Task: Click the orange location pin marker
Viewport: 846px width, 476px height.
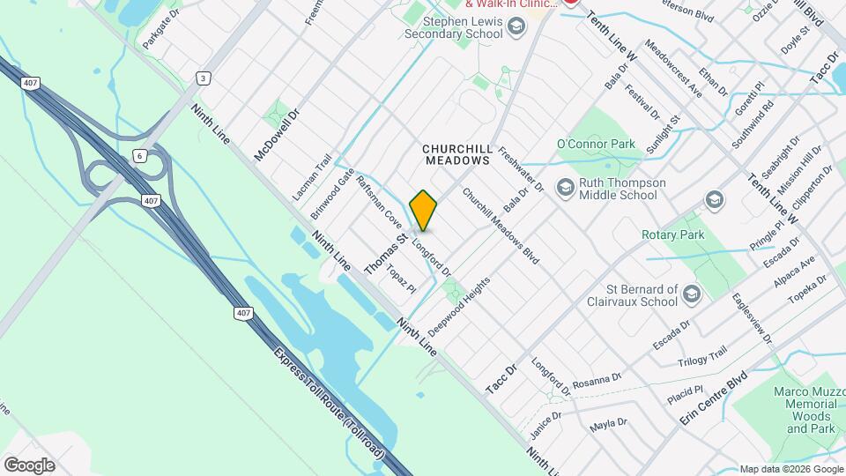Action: tap(424, 211)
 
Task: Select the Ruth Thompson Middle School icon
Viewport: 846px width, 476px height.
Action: tap(564, 183)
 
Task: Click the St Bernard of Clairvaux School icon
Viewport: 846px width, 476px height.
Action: tap(693, 294)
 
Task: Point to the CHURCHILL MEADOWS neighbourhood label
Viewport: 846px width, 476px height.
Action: tap(456, 155)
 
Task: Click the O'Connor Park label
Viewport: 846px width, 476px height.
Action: tap(596, 144)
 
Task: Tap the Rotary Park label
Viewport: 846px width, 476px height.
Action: tap(673, 235)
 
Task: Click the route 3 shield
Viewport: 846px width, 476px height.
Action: tap(204, 78)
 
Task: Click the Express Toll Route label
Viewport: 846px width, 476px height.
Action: tap(328, 402)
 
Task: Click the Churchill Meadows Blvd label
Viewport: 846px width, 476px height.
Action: tap(500, 227)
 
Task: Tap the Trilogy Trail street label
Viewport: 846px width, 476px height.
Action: tap(702, 356)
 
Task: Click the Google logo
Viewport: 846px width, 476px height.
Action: tap(29, 465)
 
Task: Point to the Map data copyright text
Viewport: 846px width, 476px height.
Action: tap(790, 469)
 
